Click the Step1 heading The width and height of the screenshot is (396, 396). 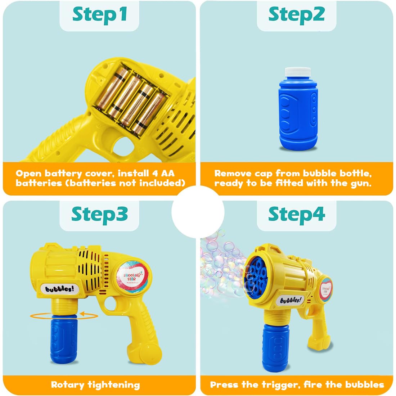point(99,15)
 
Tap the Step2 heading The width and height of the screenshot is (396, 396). point(296,15)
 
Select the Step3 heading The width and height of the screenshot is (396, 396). point(99,214)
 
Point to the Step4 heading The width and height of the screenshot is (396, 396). point(296,214)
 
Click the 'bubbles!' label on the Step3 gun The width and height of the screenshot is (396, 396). point(60,288)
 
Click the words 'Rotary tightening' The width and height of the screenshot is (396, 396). point(95,384)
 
